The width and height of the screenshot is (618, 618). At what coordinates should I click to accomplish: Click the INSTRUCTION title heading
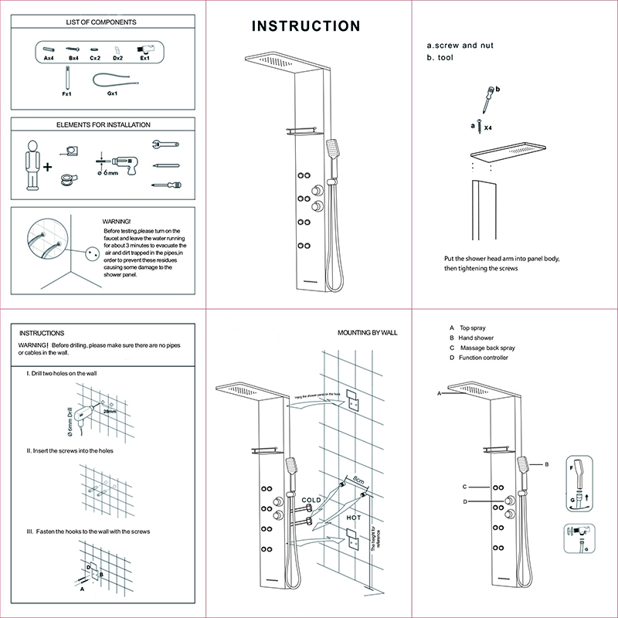307,26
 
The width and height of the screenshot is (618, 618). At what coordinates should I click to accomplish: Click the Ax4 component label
49,58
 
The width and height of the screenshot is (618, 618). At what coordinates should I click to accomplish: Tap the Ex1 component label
144,58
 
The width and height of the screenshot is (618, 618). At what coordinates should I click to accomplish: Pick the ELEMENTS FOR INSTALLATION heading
104,124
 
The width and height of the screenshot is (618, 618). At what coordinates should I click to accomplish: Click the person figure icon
32,165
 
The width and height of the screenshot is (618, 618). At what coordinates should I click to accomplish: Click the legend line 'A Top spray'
468,328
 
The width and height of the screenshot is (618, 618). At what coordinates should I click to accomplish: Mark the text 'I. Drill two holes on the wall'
62,373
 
